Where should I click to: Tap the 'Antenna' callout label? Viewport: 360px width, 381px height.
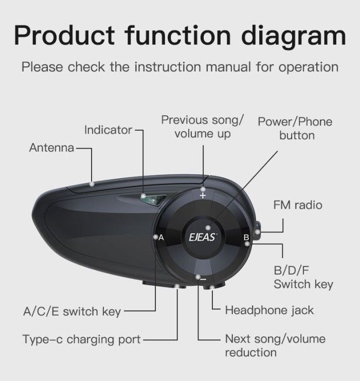(52, 148)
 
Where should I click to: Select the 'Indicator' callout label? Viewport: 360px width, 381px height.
(108, 130)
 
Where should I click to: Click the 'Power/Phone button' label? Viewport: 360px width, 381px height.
(295, 129)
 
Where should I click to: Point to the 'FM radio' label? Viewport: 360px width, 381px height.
(298, 205)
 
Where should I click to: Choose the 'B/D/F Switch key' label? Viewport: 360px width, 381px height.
(303, 278)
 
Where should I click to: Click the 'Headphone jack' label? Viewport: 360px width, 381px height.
(269, 310)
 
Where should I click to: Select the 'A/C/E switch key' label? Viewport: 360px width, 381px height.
(71, 311)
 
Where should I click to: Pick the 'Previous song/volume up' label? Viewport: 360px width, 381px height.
(202, 127)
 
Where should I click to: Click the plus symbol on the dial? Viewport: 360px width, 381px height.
(203, 195)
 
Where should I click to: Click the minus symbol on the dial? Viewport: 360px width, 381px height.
(203, 279)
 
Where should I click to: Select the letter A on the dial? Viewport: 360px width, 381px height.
(161, 238)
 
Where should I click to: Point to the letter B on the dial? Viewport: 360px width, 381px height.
(246, 238)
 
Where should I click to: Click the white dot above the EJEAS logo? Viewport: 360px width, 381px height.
(207, 227)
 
